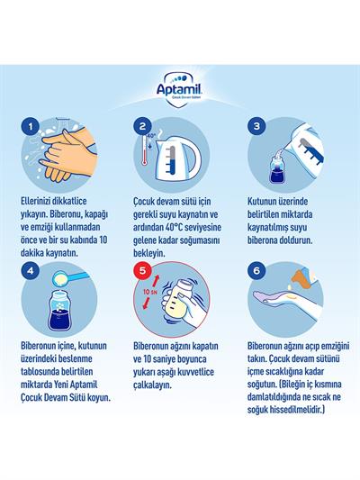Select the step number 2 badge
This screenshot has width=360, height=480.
tap(141, 127)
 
